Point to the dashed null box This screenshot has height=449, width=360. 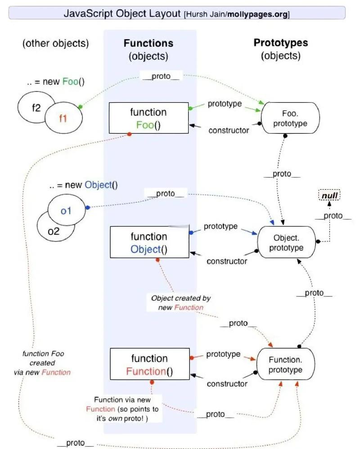tap(329, 195)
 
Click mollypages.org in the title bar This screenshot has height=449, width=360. tap(257, 14)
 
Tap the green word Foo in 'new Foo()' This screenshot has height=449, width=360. tap(70, 82)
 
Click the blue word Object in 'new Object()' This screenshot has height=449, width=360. tap(98, 185)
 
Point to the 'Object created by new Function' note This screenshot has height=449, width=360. tap(181, 303)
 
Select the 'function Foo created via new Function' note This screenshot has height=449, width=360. tap(42, 363)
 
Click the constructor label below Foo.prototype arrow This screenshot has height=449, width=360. tap(229, 131)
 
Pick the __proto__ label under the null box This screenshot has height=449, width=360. tap(333, 216)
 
